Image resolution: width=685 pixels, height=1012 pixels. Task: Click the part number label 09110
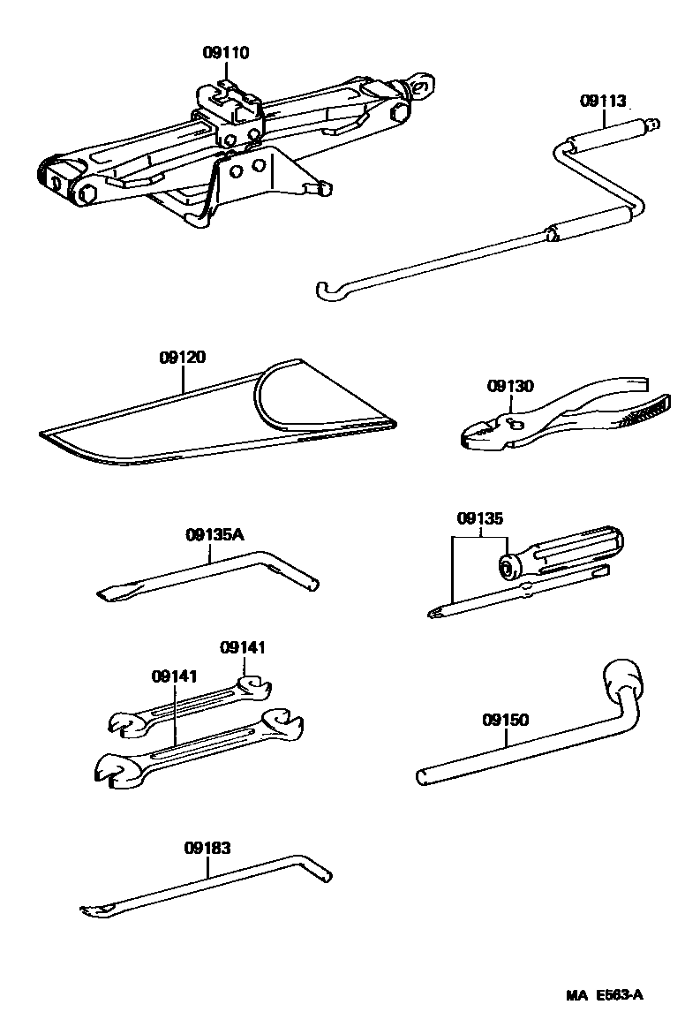pos(226,53)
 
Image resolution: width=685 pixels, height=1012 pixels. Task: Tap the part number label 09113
pos(603,101)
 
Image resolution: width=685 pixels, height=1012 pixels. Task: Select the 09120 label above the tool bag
pos(183,358)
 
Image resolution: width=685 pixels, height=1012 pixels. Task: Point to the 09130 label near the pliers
pos(511,386)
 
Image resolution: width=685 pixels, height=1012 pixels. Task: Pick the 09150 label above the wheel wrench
pos(506,720)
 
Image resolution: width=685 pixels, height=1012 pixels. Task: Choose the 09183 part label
pos(207,848)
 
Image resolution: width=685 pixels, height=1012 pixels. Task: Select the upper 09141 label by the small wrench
pos(243,647)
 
